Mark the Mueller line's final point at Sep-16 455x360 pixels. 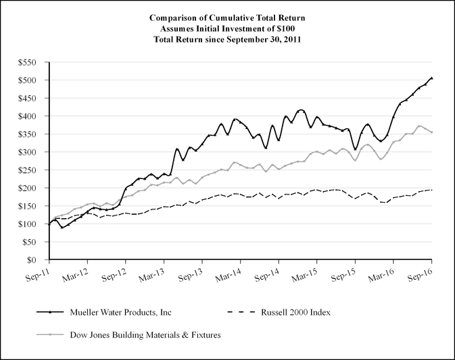[431, 78]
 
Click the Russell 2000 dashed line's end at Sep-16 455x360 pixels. [431, 190]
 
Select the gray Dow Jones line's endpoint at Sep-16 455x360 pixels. [431, 132]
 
